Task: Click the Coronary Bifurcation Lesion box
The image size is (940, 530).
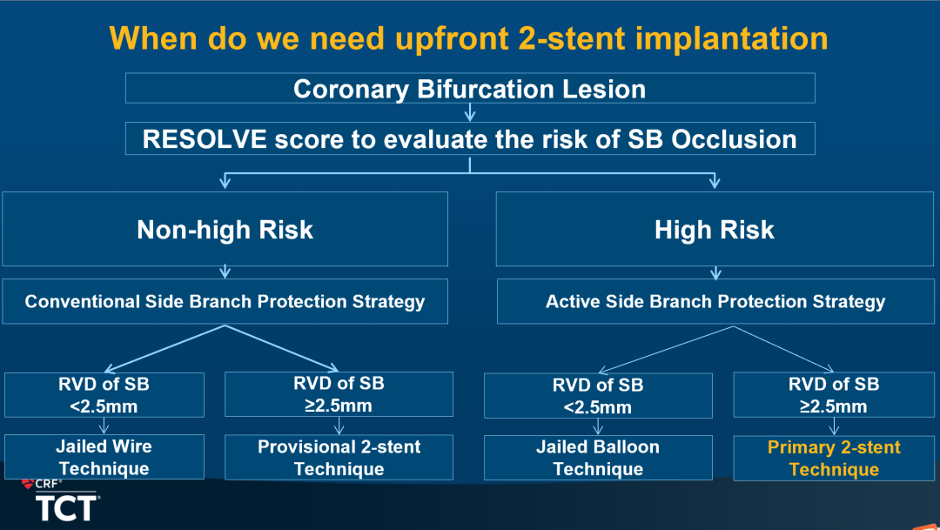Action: pos(470,88)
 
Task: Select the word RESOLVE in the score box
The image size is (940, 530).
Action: pos(205,139)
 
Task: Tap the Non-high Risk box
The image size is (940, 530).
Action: pos(225,229)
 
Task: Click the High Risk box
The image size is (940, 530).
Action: pos(715,229)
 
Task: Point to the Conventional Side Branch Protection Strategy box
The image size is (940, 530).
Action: pos(225,301)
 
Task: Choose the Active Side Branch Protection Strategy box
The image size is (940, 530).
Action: pos(715,301)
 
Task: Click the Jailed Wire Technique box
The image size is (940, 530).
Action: pos(104,457)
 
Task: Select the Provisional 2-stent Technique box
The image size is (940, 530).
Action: pos(339,457)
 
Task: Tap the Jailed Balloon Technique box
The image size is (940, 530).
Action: pos(598,458)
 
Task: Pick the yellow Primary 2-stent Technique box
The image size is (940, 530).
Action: pos(834,458)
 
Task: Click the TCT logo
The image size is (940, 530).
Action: pos(67,508)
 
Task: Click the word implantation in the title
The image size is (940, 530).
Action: pos(731,38)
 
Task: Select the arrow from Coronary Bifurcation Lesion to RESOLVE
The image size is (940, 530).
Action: pos(470,112)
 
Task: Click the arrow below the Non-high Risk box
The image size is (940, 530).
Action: pos(225,272)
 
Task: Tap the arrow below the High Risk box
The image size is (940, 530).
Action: pos(715,272)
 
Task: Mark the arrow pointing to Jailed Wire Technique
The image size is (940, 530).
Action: pos(104,426)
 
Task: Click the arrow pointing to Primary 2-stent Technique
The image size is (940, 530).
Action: pos(834,426)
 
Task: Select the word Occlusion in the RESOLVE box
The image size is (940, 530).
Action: pos(734,139)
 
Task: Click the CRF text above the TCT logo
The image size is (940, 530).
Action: pos(47,484)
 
